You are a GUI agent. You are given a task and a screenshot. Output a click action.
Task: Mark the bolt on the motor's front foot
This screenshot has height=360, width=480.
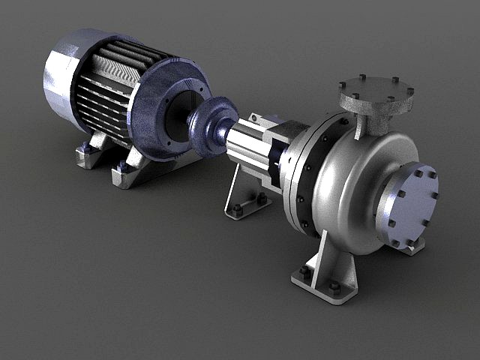pyautogui.click(x=122, y=166)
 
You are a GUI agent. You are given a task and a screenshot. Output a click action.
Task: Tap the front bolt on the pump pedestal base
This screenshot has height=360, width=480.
pyautogui.click(x=334, y=287)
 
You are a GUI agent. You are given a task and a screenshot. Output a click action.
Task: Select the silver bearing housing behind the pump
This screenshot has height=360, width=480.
pyautogui.click(x=247, y=146)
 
